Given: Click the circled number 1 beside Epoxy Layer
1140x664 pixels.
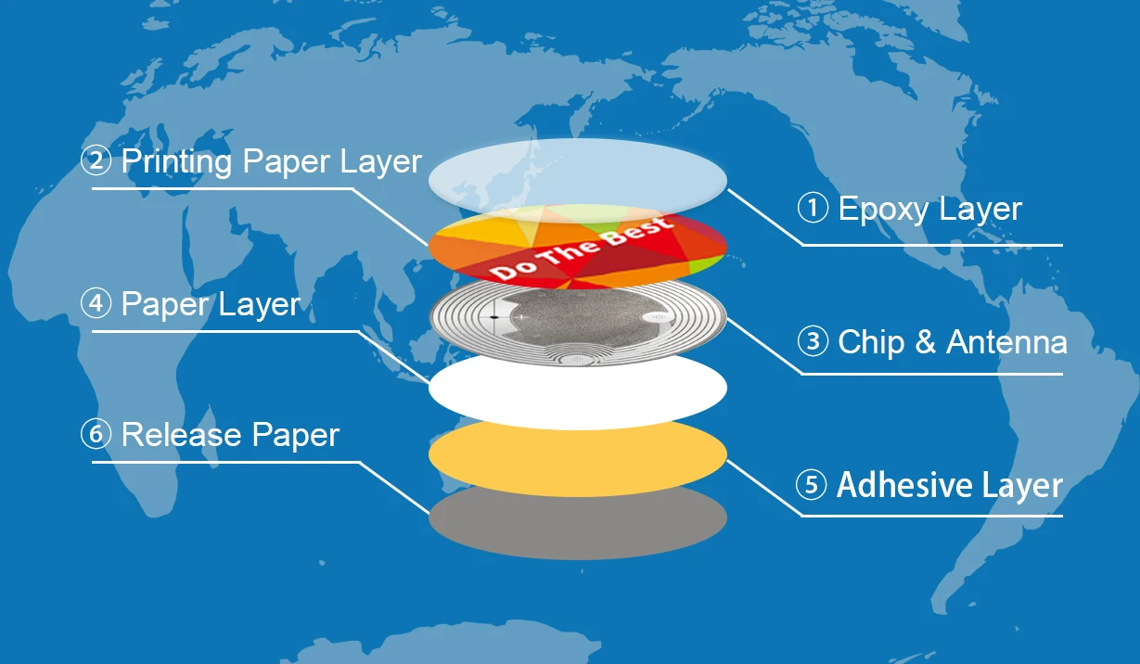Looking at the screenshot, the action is click(813, 209).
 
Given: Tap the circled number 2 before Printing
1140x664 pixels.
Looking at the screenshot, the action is click(96, 161).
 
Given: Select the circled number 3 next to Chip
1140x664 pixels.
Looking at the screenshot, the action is click(813, 342).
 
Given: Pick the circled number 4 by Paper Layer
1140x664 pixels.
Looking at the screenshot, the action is click(96, 304).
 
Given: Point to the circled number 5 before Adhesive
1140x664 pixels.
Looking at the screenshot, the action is click(812, 485).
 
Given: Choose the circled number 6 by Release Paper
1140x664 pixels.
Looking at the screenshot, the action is click(96, 434).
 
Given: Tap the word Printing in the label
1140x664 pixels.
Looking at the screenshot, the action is click(176, 162).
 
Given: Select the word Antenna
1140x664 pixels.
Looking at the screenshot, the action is click(1006, 342).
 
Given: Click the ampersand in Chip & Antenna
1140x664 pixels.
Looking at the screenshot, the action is click(925, 342).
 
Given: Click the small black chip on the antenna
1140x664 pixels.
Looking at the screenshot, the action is click(493, 317).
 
